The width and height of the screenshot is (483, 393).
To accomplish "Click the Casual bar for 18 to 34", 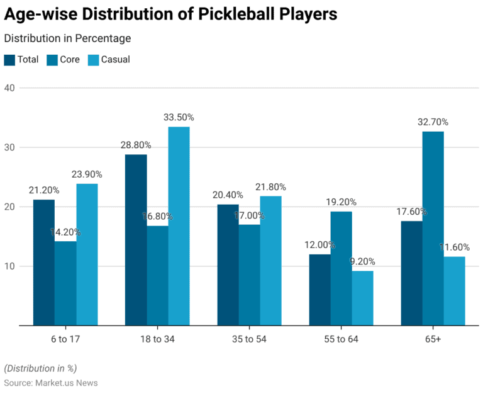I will click(179, 226).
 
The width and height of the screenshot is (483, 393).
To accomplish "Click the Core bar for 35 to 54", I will click(248, 275).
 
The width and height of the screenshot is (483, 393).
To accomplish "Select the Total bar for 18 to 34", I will click(136, 240).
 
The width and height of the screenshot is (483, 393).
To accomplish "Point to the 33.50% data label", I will click(179, 118).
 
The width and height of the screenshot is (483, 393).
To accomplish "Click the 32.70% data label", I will click(433, 122).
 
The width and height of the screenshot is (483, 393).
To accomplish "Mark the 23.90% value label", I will click(86, 174).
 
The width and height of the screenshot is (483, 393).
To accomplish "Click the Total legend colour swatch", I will click(10, 60).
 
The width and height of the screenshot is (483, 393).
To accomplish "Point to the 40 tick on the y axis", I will click(9, 88).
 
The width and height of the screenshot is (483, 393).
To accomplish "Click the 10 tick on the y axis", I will click(9, 266).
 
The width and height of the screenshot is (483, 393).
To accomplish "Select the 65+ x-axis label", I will click(433, 339).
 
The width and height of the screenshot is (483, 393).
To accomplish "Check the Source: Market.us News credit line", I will click(51, 382).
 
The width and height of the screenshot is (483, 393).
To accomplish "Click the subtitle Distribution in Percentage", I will click(68, 38).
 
